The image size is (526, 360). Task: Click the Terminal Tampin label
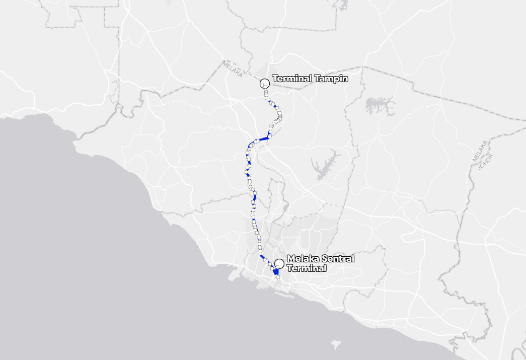pyautogui.click(x=310, y=79)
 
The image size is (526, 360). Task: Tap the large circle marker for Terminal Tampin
pyautogui.click(x=264, y=84)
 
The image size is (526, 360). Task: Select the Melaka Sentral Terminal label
pyautogui.click(x=320, y=263)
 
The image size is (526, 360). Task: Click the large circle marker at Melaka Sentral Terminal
pyautogui.click(x=279, y=263)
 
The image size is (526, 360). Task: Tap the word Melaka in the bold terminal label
pyautogui.click(x=303, y=259)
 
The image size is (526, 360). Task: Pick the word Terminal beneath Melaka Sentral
pyautogui.click(x=307, y=268)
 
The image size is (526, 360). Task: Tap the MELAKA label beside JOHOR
pyautogui.click(x=480, y=152)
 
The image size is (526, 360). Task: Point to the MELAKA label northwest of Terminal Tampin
pyautogui.click(x=232, y=68)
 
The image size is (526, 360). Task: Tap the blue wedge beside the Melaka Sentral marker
pyautogui.click(x=277, y=271)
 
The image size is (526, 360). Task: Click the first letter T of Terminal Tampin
pyautogui.click(x=274, y=79)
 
